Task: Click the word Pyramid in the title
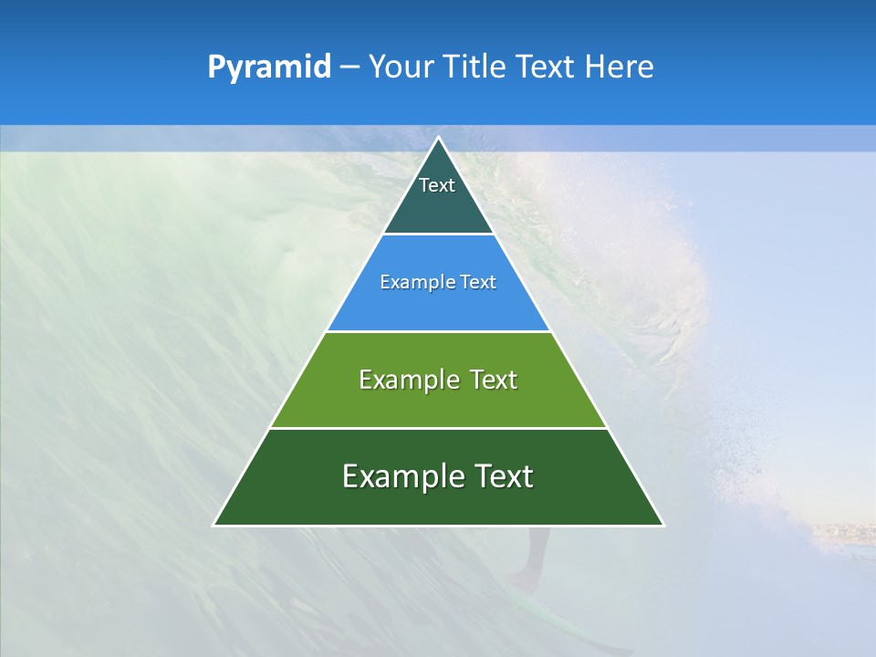click(268, 68)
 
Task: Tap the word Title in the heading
click(475, 68)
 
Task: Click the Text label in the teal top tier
click(437, 185)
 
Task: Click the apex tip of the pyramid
click(438, 139)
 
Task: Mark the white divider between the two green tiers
click(438, 428)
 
